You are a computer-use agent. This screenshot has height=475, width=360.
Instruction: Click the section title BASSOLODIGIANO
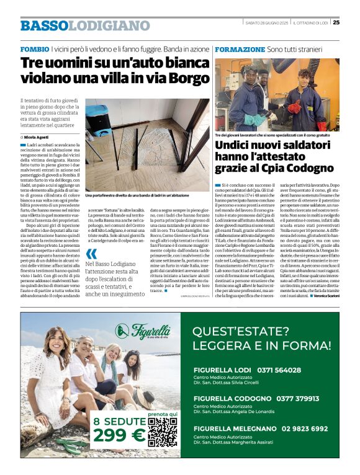[x=84, y=25]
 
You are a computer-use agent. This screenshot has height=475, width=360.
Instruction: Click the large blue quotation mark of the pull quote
[x=92, y=254]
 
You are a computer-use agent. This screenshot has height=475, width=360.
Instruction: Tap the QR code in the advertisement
[x=163, y=432]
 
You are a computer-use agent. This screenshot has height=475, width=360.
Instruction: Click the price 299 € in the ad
[x=119, y=436]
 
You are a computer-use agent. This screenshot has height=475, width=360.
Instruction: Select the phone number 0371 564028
[x=288, y=370]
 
